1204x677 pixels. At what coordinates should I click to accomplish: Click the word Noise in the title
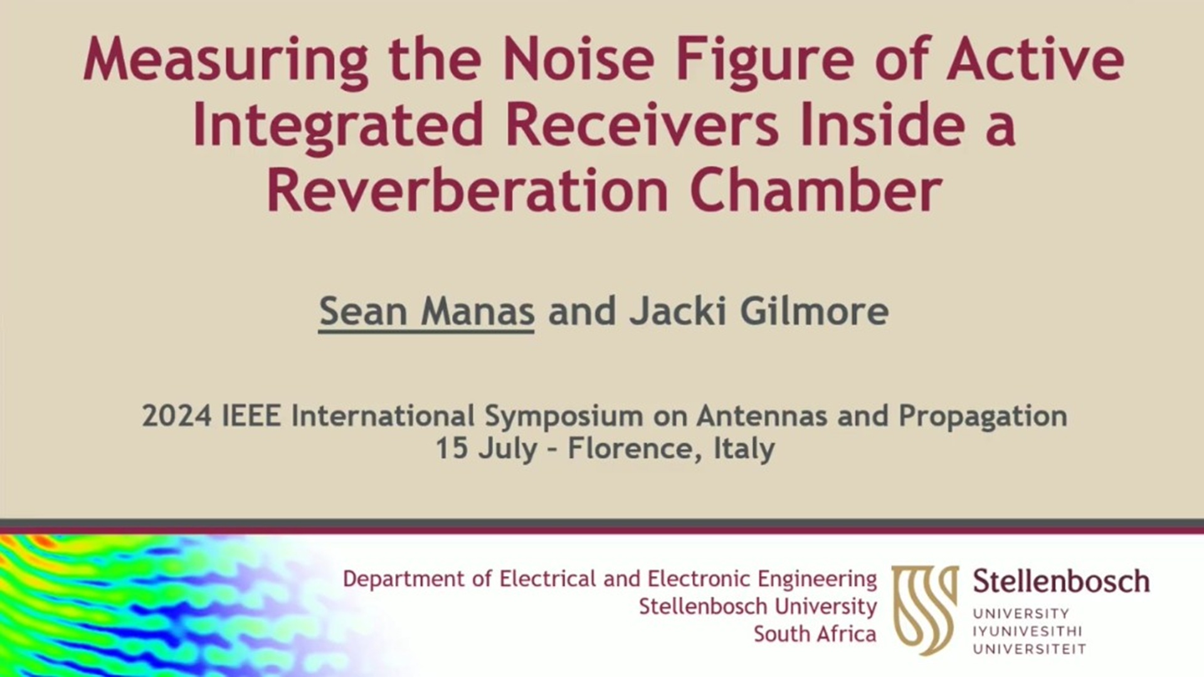point(578,60)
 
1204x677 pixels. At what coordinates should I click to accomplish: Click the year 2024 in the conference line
point(177,416)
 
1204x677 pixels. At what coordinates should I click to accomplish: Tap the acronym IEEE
point(251,416)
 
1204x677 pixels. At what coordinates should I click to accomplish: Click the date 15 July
point(487,449)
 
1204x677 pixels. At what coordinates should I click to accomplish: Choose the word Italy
point(744,449)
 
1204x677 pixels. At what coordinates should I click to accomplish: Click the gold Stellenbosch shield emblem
point(925,609)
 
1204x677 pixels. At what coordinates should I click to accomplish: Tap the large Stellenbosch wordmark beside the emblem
point(1061,582)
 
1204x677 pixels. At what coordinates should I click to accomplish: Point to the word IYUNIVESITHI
point(1027,631)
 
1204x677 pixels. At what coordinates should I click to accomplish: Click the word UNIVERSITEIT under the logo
point(1029,649)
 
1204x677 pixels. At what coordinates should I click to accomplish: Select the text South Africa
point(815,634)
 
